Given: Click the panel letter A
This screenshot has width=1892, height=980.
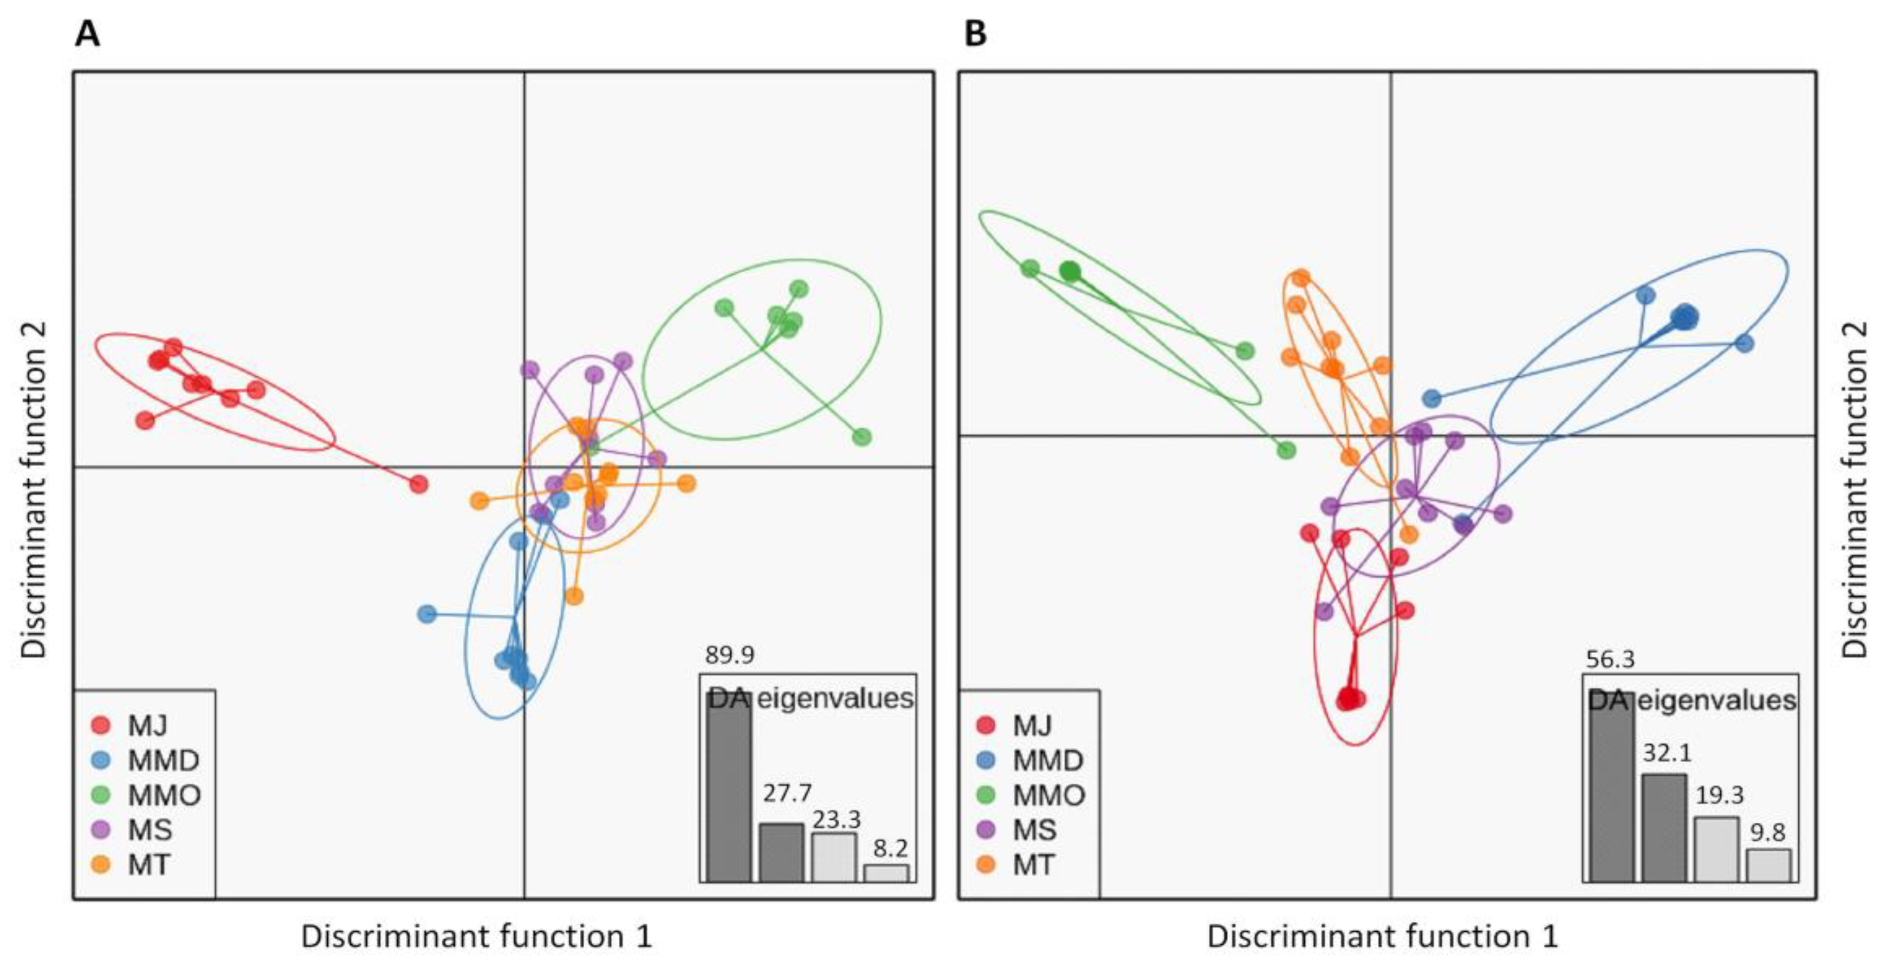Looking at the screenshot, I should (87, 34).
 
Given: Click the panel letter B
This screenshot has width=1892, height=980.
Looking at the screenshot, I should (975, 34).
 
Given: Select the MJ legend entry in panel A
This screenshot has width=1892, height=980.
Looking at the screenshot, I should (147, 726).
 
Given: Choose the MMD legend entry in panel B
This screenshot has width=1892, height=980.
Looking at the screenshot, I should (1047, 760).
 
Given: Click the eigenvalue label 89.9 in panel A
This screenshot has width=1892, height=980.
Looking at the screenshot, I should (729, 655).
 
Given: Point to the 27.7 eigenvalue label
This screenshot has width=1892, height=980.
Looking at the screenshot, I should (787, 794).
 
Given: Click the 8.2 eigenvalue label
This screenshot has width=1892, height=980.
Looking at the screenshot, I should (890, 848).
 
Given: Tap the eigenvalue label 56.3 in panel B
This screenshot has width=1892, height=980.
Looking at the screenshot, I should (1610, 660).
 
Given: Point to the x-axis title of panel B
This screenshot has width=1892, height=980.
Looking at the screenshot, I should (1382, 937).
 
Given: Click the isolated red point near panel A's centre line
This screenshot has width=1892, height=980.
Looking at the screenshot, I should (419, 484).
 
